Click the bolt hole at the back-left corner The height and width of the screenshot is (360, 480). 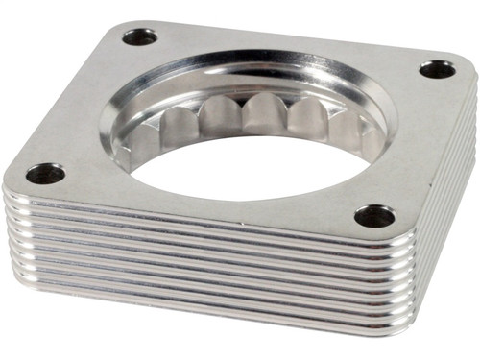140,37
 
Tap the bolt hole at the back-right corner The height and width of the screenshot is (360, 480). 438,69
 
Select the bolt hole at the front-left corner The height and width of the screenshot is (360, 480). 45,174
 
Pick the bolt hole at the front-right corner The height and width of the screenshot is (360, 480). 373,216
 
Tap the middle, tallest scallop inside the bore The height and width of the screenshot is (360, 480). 261,115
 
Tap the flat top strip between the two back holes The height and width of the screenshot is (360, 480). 288,43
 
